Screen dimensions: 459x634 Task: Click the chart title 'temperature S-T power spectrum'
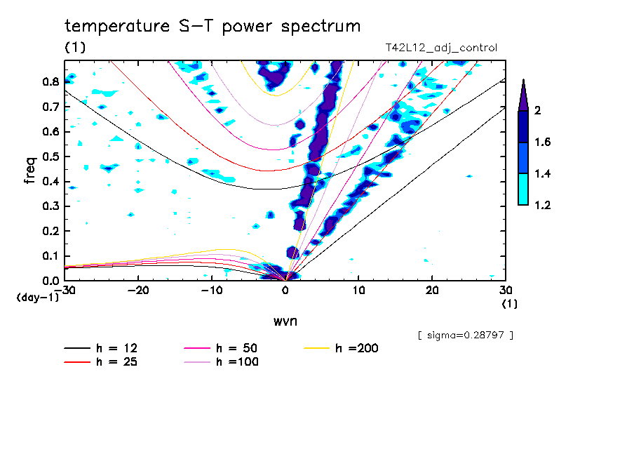click(x=213, y=27)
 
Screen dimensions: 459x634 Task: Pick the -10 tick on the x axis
click(x=212, y=291)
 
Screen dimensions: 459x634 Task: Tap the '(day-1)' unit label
click(x=37, y=298)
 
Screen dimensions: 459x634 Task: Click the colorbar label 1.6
click(x=543, y=142)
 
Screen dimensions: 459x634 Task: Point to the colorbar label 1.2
click(x=543, y=205)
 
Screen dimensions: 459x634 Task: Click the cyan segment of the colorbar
click(x=523, y=189)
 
